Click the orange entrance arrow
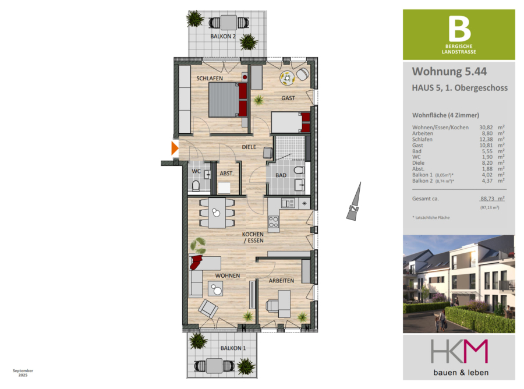pos(175,148)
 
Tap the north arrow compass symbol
pos(354,201)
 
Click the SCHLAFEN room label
pos(210,78)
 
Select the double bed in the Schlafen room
pos(228,100)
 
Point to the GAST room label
pos(288,98)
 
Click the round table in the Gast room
pos(287,78)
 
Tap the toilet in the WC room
pos(196,186)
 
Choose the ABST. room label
pos(226,174)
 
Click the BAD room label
pos(281,175)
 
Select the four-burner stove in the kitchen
pos(274,222)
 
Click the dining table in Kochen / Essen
pos(217,213)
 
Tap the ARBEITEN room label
pos(281,281)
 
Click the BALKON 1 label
pos(233,348)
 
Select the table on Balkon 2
pos(229,23)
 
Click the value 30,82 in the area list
pos(486,128)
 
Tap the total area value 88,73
pos(487,199)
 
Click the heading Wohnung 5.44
pos(449,71)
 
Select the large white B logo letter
pos(459,29)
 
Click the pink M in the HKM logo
pos(476,351)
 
